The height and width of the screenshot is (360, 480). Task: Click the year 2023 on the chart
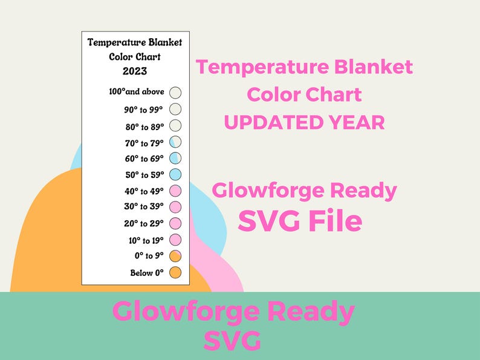(x=135, y=71)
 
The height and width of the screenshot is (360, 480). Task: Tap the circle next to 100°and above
(x=176, y=93)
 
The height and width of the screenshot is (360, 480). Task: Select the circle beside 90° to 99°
(x=176, y=110)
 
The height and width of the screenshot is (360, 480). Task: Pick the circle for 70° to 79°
(x=176, y=142)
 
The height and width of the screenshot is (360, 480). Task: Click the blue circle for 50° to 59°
(x=176, y=175)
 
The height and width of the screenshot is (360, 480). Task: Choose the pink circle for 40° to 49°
(x=176, y=191)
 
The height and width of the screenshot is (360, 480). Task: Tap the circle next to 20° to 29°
(x=176, y=223)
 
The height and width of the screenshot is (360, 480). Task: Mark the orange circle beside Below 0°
(x=176, y=272)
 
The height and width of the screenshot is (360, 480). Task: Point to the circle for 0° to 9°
(x=176, y=256)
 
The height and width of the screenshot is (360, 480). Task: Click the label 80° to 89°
(x=144, y=126)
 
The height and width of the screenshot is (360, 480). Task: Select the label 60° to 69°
(x=144, y=159)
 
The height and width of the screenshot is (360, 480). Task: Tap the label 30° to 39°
(x=144, y=208)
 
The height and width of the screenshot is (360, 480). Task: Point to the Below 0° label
(x=147, y=273)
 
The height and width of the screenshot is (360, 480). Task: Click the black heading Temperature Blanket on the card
(x=135, y=42)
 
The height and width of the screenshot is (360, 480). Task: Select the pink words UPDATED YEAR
(x=304, y=122)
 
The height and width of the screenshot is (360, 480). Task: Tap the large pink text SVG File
(x=300, y=221)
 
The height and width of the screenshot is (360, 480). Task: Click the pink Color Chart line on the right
(x=304, y=94)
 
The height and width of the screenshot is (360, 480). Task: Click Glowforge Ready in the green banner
(x=233, y=312)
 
